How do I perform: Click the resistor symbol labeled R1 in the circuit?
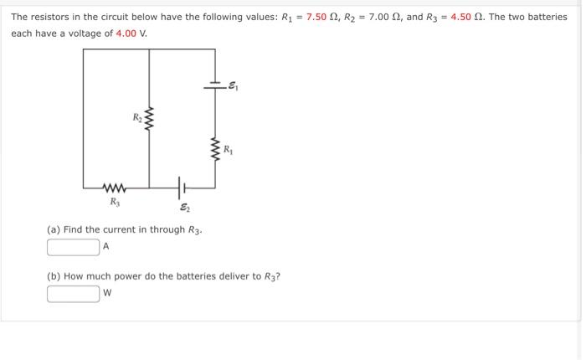(214, 150)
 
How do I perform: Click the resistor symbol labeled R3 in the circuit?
(114, 187)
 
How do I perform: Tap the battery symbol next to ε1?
(215, 85)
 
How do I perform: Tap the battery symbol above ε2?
(179, 187)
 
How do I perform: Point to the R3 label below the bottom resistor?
(114, 201)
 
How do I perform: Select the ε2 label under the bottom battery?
(183, 208)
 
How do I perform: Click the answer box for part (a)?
(74, 247)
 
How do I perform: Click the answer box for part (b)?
(74, 293)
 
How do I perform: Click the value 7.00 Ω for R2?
(387, 17)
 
